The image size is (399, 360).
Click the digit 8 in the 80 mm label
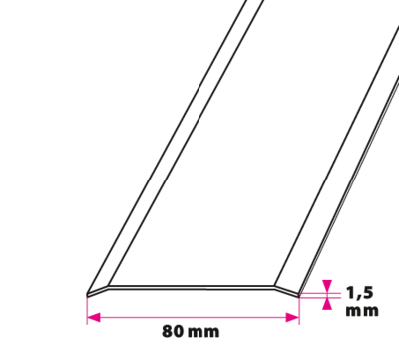tap(167, 331)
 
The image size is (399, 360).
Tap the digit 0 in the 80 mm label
tap(178, 331)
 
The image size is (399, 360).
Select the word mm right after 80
tap(203, 333)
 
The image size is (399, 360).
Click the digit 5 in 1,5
tap(368, 293)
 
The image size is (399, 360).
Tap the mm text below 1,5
tap(362, 311)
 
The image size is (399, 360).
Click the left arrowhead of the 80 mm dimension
tap(94, 317)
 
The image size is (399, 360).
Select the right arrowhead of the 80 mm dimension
tap(292, 317)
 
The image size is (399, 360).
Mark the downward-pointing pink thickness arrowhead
tap(327, 286)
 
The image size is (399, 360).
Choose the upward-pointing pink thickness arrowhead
tap(327, 304)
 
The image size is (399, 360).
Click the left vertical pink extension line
tap(87, 310)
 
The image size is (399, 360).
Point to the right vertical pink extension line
tap(299, 310)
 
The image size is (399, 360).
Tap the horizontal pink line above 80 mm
tap(194, 317)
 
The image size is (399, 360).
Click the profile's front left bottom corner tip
tap(87, 295)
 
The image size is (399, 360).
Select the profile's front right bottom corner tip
tap(299, 295)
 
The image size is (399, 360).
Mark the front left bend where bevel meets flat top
tap(108, 287)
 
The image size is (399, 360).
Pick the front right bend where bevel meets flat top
tap(275, 287)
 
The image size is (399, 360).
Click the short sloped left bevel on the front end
tap(98, 291)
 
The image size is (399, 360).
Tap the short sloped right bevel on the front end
tap(287, 291)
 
